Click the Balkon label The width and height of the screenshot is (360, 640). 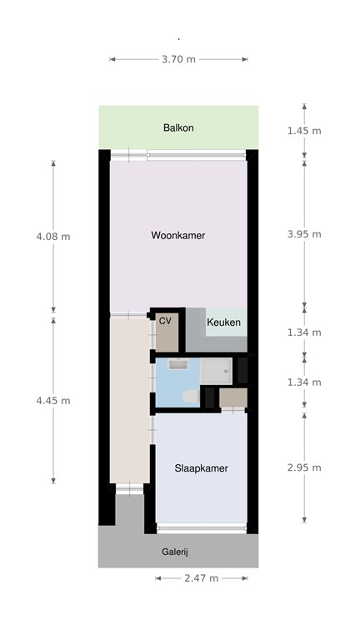(x=178, y=127)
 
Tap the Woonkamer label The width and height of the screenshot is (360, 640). (x=178, y=236)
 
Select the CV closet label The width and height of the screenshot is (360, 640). (x=165, y=321)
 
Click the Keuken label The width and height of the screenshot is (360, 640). (x=223, y=322)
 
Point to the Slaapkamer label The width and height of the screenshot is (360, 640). (x=201, y=468)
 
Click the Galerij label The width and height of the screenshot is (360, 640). (x=175, y=552)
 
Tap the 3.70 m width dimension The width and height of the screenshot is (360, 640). (x=179, y=59)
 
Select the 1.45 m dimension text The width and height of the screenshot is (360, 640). (x=304, y=131)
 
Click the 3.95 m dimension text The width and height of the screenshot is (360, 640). (x=304, y=234)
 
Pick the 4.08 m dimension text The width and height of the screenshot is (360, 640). (x=53, y=237)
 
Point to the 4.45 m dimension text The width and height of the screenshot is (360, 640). (x=53, y=401)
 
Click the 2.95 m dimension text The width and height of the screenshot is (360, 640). (x=304, y=467)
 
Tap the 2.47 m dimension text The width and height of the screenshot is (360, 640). (x=202, y=578)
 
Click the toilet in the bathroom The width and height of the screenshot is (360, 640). (x=191, y=396)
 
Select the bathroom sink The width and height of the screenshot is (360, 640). (x=178, y=364)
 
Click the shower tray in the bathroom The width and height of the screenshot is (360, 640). (x=217, y=371)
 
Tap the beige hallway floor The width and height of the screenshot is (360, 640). (x=130, y=400)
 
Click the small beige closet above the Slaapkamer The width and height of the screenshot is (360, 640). (x=233, y=398)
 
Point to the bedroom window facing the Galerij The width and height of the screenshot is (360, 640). (x=202, y=528)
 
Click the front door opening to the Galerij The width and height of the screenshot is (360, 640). (x=129, y=488)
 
